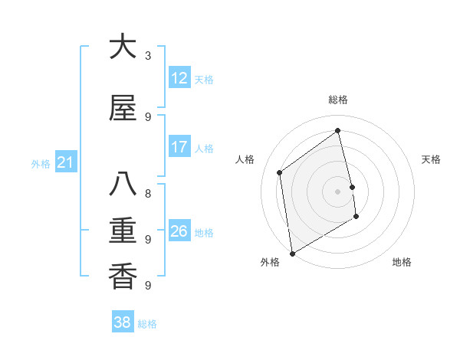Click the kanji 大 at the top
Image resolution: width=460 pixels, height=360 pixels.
click(x=123, y=47)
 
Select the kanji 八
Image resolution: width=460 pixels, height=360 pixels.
click(x=123, y=185)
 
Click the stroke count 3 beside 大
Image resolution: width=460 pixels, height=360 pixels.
click(x=148, y=56)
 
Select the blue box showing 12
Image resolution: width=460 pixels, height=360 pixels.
click(x=179, y=78)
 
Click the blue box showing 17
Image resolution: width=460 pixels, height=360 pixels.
click(x=179, y=147)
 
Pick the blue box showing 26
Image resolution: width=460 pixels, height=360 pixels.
click(x=179, y=231)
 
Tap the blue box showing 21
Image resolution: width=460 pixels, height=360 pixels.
click(x=65, y=162)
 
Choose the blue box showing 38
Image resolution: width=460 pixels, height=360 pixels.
click(x=123, y=323)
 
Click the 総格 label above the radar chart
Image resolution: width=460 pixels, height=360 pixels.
click(x=338, y=100)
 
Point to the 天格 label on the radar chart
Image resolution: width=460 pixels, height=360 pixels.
click(x=431, y=159)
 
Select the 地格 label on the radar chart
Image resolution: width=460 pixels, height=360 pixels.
click(x=402, y=262)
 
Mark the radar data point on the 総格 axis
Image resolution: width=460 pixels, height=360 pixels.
click(x=338, y=131)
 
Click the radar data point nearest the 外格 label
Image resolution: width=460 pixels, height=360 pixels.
click(x=291, y=253)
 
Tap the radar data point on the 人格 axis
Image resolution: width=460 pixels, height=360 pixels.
click(x=280, y=172)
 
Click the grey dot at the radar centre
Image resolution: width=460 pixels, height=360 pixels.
click(x=338, y=191)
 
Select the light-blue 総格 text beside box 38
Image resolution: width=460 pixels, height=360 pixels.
click(x=147, y=324)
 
